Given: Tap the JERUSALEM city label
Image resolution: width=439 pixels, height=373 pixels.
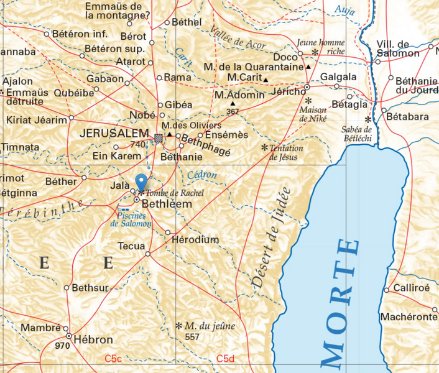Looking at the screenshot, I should click(x=114, y=134).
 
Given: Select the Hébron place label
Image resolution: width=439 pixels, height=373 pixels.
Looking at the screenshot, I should click(x=93, y=339).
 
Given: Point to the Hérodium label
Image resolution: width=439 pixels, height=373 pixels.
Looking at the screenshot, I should click(x=195, y=239).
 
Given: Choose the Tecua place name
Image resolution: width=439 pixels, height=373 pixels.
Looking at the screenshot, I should click(x=132, y=246).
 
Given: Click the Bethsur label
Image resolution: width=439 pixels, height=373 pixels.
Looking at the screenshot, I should click(x=90, y=287).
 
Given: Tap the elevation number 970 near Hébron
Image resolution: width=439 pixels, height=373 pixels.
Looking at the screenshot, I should click(x=62, y=345).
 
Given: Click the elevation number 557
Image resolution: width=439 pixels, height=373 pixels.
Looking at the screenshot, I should click(x=193, y=336).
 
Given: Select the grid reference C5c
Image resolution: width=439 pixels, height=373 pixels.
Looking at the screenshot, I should click(x=113, y=358).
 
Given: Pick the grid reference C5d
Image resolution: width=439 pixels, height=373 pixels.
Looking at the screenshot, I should click(x=225, y=358).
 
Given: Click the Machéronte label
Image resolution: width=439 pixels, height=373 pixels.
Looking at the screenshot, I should click(x=408, y=317).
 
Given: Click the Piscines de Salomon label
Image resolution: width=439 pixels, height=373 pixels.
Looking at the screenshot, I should click(x=130, y=219).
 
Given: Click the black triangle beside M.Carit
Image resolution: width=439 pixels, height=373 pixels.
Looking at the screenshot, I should click(x=266, y=80).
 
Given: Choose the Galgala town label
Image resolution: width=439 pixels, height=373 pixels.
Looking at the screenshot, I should click(x=338, y=77).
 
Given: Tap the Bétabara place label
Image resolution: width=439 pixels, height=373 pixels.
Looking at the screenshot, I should click(x=407, y=116).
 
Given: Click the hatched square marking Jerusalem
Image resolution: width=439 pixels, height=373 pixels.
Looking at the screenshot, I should click(x=159, y=137).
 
